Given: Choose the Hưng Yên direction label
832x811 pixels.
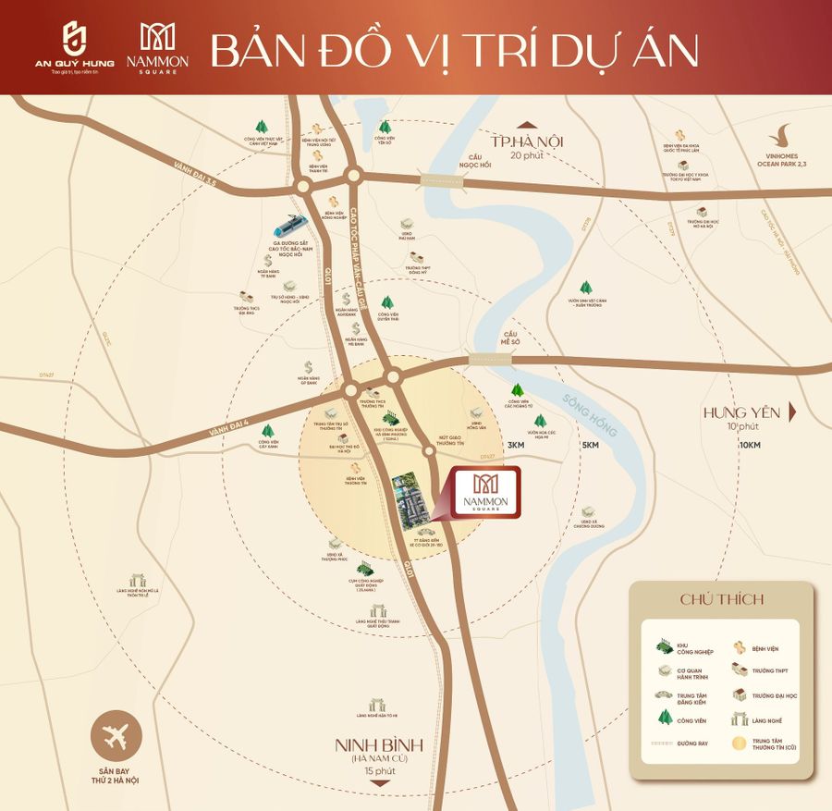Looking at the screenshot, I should [x=741, y=412].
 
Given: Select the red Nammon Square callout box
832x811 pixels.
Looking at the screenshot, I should [x=484, y=492].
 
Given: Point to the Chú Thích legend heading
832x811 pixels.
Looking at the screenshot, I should [x=722, y=598].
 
